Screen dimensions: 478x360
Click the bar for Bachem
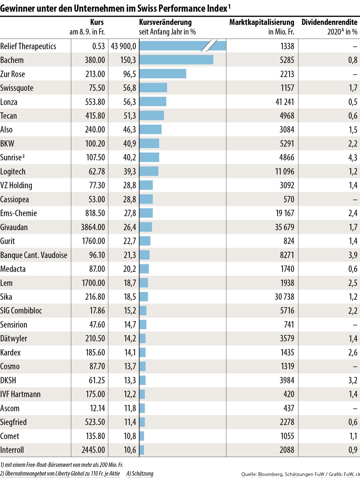(176, 60)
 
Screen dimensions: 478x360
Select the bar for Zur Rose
(163, 74)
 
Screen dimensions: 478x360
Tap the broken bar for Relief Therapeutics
(182, 46)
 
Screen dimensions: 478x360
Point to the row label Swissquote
(17, 88)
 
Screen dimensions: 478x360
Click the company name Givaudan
(14, 227)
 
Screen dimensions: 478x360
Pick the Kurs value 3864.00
(93, 227)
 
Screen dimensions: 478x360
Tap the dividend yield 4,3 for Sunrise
(353, 158)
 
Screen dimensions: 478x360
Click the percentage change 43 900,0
(123, 46)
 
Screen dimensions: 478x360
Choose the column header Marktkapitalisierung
(262, 22)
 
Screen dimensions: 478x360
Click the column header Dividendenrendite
(329, 22)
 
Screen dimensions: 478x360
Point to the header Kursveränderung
(165, 22)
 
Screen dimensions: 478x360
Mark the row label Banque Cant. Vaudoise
(34, 255)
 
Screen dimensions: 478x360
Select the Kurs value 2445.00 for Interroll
(93, 450)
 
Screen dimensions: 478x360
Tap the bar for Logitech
(149, 171)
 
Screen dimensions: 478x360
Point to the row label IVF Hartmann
(20, 394)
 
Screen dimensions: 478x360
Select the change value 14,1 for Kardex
(130, 352)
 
